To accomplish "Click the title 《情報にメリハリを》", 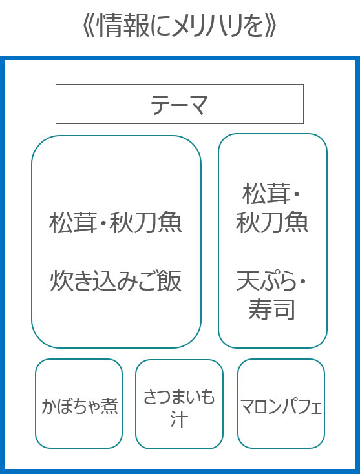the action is [x=180, y=26].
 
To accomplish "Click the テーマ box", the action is [x=180, y=104].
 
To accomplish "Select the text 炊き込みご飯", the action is [x=116, y=281].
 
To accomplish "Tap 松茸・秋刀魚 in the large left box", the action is [x=116, y=223].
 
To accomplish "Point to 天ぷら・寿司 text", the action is [x=271, y=295].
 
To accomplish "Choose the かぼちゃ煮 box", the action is [x=79, y=404].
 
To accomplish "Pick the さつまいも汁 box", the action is [x=180, y=404].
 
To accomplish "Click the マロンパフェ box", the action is [x=281, y=404].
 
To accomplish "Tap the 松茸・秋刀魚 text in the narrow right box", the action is [x=272, y=209].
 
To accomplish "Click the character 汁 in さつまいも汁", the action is [x=180, y=419].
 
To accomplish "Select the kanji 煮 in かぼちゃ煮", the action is [x=109, y=406].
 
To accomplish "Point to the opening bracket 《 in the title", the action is [x=88, y=26].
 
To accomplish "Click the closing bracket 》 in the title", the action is [x=271, y=26].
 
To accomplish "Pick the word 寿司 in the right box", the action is [x=271, y=309].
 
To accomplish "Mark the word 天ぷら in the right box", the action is [x=266, y=281].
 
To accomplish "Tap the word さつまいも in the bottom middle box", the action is [x=179, y=397].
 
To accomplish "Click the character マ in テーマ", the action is [x=196, y=104].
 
